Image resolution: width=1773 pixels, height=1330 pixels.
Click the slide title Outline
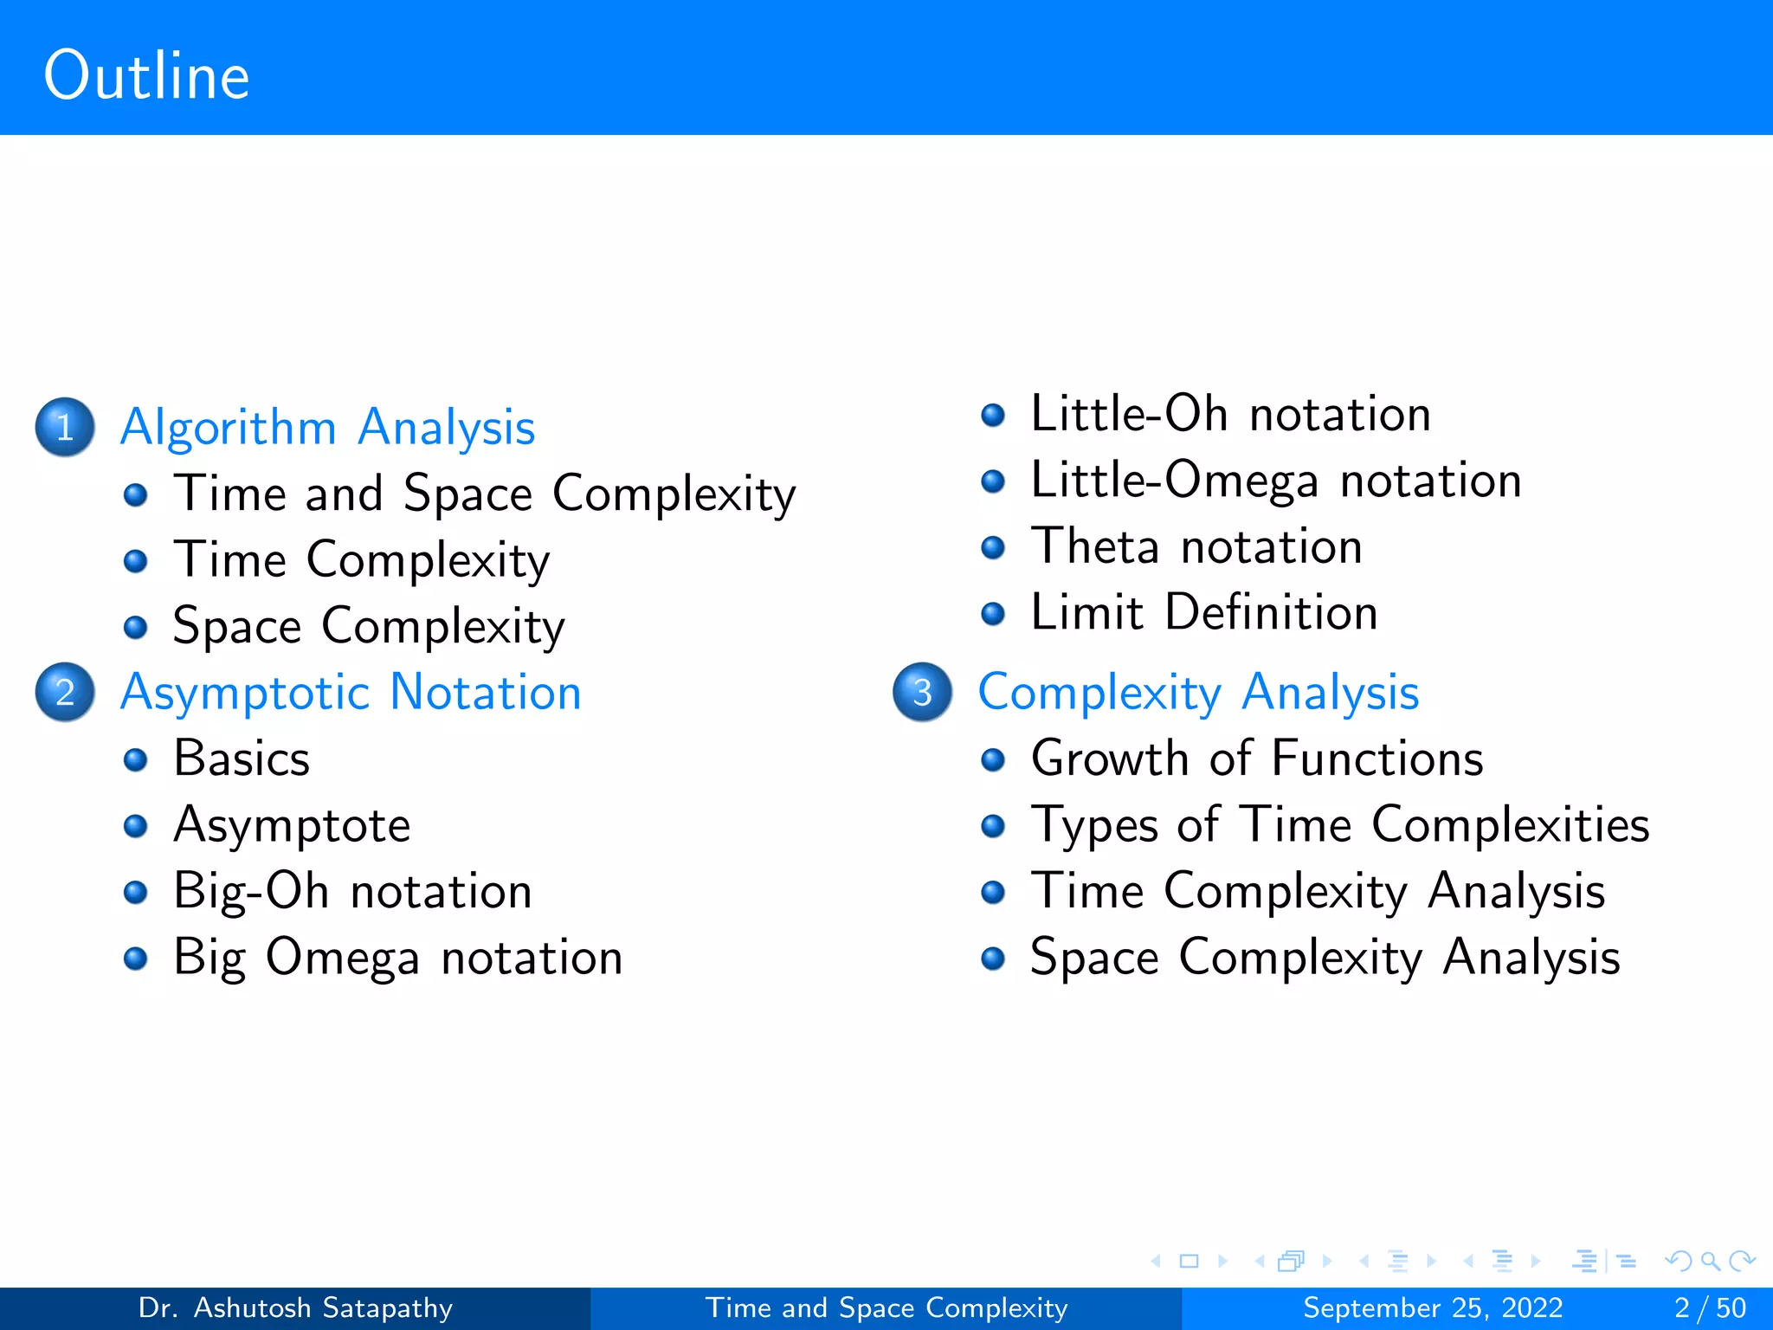(x=146, y=76)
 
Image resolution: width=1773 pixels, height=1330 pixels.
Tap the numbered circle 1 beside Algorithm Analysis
(x=65, y=427)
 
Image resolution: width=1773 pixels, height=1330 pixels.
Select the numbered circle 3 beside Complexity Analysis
(x=923, y=692)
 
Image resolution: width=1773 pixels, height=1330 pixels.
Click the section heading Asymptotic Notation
(x=351, y=693)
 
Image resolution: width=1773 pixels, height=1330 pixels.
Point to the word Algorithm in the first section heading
(x=229, y=427)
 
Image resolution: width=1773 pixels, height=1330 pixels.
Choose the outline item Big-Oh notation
(x=352, y=891)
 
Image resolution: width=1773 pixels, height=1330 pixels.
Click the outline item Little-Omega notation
(x=1275, y=481)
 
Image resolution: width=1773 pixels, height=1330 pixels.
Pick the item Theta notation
(x=1196, y=547)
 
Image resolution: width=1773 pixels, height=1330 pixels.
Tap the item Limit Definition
(x=1203, y=613)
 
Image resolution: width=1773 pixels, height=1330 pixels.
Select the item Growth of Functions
(x=1257, y=759)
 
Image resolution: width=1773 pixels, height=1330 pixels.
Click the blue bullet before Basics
(x=135, y=760)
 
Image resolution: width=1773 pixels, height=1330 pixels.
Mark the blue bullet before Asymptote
(x=135, y=826)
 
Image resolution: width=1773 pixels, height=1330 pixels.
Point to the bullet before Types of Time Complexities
(x=993, y=826)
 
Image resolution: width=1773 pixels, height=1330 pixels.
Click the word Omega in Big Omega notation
(x=343, y=958)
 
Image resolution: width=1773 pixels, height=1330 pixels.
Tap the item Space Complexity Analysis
(x=1325, y=958)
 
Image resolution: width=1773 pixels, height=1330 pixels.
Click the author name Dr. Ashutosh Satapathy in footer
(x=295, y=1307)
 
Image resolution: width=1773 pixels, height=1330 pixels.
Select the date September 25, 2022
(x=1433, y=1307)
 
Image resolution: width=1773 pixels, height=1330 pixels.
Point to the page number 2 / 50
(x=1710, y=1307)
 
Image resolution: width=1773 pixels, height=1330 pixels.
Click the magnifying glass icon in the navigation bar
(x=1710, y=1261)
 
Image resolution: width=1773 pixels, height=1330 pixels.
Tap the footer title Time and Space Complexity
(x=886, y=1307)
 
